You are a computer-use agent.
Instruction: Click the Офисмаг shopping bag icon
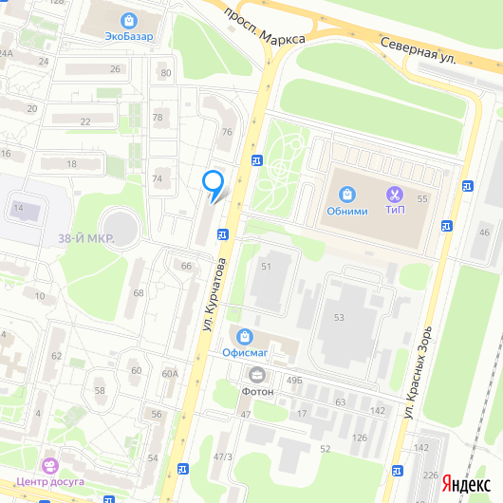tap(246, 336)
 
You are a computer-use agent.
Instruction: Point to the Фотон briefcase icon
tap(256, 374)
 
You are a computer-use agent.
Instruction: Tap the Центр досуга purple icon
tap(49, 465)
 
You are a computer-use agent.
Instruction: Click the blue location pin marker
tap(214, 182)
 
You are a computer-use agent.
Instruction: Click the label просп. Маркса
tap(264, 27)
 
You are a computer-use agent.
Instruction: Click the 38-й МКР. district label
tap(85, 238)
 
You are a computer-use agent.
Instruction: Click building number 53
tap(339, 316)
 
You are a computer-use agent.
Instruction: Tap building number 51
tap(267, 267)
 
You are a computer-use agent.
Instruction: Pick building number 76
tap(226, 132)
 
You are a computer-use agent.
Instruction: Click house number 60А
tap(170, 373)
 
